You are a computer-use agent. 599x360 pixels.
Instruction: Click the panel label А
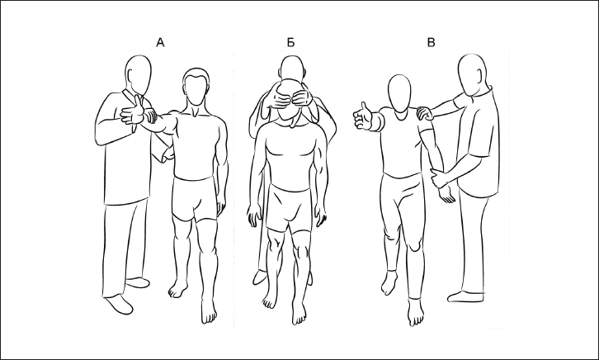click(160, 42)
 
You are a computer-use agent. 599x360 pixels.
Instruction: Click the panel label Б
click(290, 42)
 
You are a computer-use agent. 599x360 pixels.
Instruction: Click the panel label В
click(431, 42)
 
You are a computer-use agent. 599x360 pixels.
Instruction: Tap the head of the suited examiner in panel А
click(139, 75)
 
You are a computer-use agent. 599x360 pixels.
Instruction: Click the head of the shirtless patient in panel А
click(196, 87)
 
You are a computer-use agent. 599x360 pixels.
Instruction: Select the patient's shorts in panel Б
click(291, 208)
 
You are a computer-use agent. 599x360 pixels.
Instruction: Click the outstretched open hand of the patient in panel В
click(362, 116)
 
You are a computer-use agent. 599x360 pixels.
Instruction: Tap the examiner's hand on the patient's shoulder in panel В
click(425, 113)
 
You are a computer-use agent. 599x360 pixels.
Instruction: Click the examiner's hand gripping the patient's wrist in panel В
click(438, 178)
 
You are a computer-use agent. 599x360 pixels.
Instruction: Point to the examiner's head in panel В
click(473, 75)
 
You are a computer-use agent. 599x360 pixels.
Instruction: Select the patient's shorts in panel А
click(195, 199)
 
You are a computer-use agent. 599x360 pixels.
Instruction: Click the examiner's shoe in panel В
click(465, 296)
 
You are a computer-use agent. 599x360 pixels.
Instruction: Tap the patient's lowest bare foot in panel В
click(416, 312)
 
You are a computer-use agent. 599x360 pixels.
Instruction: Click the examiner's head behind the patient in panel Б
click(293, 68)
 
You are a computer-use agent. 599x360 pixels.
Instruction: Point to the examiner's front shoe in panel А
click(119, 304)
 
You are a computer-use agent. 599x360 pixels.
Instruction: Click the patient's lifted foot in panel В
click(389, 283)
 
